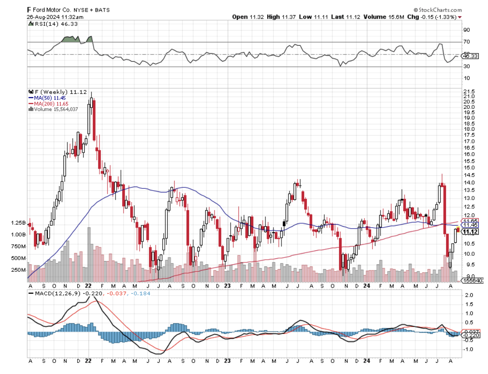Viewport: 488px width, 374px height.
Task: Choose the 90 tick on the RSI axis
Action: (x=467, y=30)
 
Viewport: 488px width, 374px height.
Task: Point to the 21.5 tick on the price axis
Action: (x=468, y=91)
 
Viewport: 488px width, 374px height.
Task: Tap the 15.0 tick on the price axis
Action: (x=468, y=167)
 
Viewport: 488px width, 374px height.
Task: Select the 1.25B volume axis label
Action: (x=19, y=223)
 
